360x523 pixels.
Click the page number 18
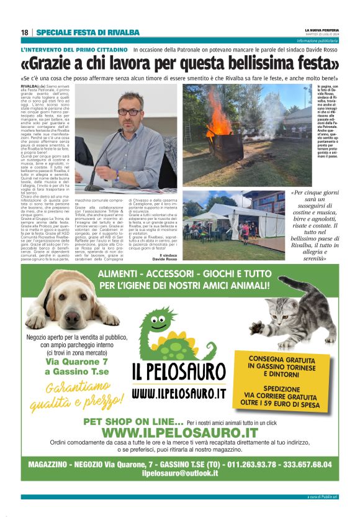click(x=24, y=32)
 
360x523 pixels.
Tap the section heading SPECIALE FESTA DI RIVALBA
click(x=88, y=32)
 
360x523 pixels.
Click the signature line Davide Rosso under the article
click(x=164, y=259)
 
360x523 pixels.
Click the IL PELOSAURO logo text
click(x=179, y=373)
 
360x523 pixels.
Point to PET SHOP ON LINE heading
click(x=133, y=422)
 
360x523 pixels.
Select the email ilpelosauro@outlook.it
click(x=180, y=473)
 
